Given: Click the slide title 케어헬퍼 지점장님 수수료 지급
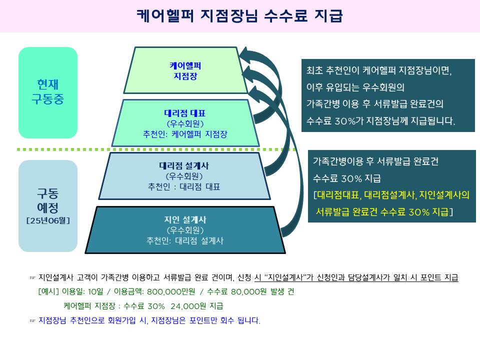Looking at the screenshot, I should [x=239, y=16].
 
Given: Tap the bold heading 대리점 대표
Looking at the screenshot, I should [x=185, y=113].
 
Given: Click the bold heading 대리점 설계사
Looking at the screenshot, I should [x=184, y=166].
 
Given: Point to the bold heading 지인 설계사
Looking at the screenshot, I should [x=185, y=219].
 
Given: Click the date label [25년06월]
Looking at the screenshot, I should [x=48, y=220].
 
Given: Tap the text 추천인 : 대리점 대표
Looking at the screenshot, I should [x=184, y=187].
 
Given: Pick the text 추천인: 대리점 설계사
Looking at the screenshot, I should [x=185, y=240].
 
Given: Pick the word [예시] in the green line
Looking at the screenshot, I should [x=48, y=292].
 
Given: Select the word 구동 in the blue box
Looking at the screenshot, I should [x=48, y=193].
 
